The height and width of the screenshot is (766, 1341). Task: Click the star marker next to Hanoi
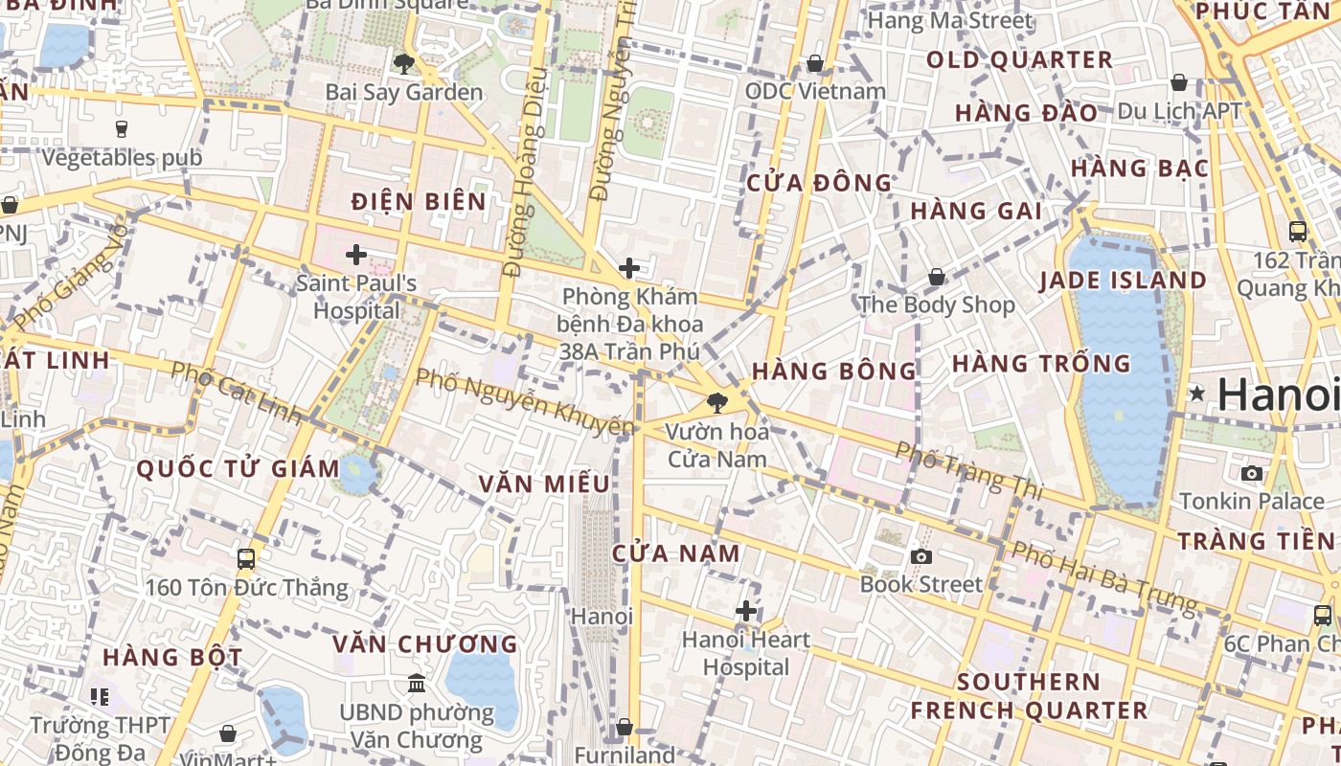pyautogui.click(x=1197, y=394)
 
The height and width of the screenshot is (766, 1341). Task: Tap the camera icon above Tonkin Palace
pyautogui.click(x=1251, y=473)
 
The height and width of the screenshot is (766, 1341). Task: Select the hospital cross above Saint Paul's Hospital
pyautogui.click(x=356, y=255)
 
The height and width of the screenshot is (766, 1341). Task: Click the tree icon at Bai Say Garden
pyautogui.click(x=404, y=64)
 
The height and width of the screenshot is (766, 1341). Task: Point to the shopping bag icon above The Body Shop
pyautogui.click(x=937, y=277)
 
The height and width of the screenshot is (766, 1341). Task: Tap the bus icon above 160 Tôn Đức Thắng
pyautogui.click(x=246, y=558)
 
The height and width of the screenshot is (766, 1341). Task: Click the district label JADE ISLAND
pyautogui.click(x=1123, y=281)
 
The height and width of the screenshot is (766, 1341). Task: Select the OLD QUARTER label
pyautogui.click(x=1019, y=59)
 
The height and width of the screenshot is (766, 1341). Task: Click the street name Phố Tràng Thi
pyautogui.click(x=968, y=470)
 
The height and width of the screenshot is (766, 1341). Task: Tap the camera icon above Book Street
pyautogui.click(x=921, y=556)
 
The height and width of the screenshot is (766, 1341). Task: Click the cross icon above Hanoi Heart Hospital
pyautogui.click(x=746, y=611)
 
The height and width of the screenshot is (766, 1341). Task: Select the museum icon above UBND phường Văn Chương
pyautogui.click(x=417, y=684)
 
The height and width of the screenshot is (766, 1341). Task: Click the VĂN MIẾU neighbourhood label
pyautogui.click(x=544, y=484)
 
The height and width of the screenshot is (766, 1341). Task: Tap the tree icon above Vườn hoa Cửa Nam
pyautogui.click(x=716, y=403)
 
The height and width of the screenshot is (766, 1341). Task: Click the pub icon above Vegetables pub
pyautogui.click(x=122, y=128)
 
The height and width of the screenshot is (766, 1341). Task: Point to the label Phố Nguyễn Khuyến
pyautogui.click(x=525, y=401)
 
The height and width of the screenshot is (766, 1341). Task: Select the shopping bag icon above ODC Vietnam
pyautogui.click(x=815, y=63)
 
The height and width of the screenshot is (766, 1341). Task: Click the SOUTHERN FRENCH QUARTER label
pyautogui.click(x=1029, y=696)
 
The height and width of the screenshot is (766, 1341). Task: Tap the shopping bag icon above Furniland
pyautogui.click(x=625, y=728)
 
